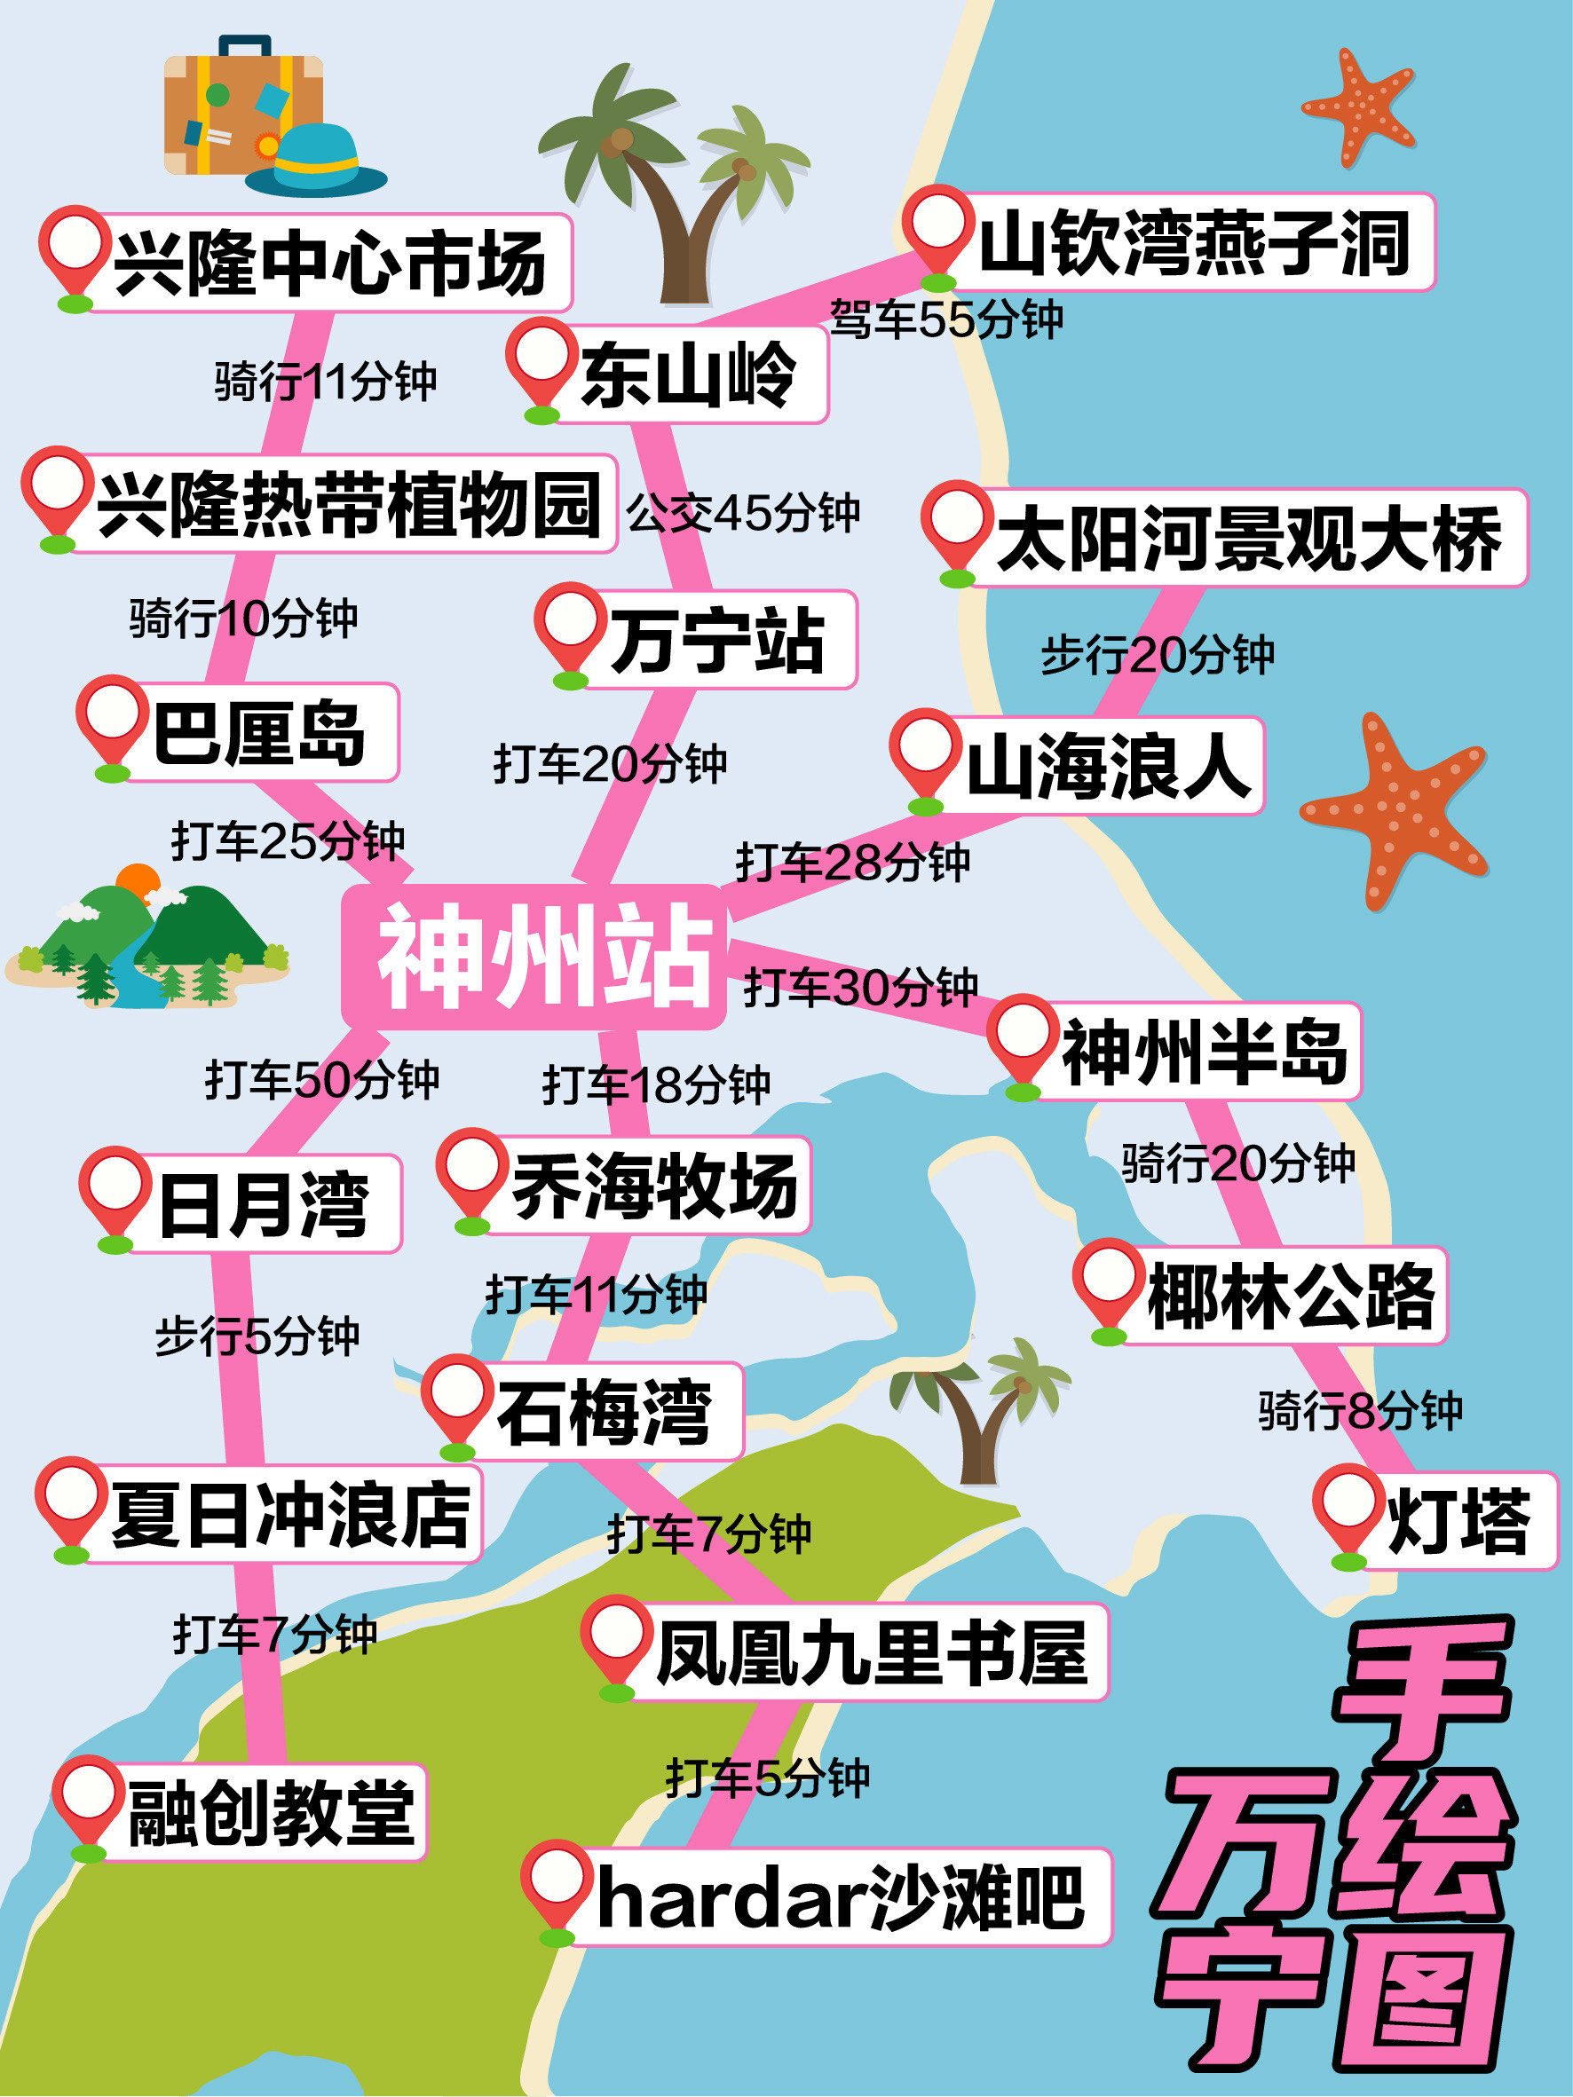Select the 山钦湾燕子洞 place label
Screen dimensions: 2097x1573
click(x=1195, y=242)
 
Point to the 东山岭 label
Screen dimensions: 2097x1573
click(x=687, y=374)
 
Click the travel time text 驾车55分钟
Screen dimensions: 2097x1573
click(x=946, y=319)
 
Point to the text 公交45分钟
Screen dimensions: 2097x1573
click(x=742, y=513)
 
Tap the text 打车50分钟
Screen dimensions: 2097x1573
click(x=322, y=1080)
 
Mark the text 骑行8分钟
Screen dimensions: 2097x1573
click(x=1360, y=1410)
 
